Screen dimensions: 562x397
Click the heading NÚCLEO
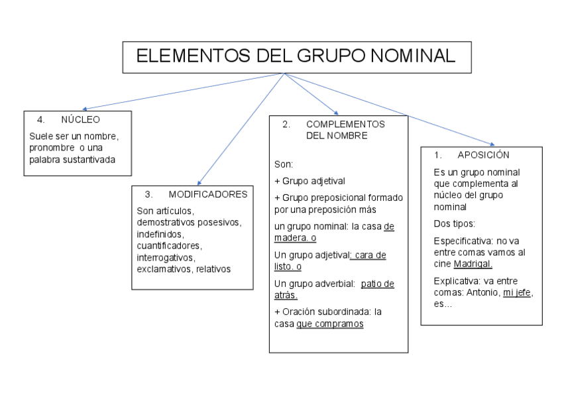pos(80,120)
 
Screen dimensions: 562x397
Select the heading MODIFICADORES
pos(207,194)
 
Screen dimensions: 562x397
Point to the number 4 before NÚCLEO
pos(40,120)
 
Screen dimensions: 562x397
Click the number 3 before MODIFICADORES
pos(148,194)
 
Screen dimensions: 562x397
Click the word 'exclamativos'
pos(162,269)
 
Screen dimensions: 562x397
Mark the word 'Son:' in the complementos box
pos(283,163)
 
